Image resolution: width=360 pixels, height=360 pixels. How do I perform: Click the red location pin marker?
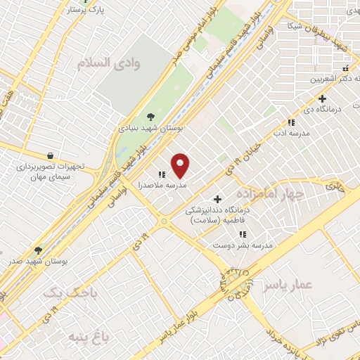(181, 165)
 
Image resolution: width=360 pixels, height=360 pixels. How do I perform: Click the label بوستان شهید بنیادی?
(149, 129)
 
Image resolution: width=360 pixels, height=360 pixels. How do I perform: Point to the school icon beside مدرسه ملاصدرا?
(162, 174)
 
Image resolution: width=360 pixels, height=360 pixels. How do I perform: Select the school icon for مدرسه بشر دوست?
(243, 234)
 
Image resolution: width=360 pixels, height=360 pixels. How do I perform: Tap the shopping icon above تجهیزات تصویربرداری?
(50, 155)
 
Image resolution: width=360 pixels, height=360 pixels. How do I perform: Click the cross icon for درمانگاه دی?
(323, 99)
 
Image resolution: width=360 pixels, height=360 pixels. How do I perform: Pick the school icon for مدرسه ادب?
(291, 122)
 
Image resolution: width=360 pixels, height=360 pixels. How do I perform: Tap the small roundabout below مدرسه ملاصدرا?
(165, 221)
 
